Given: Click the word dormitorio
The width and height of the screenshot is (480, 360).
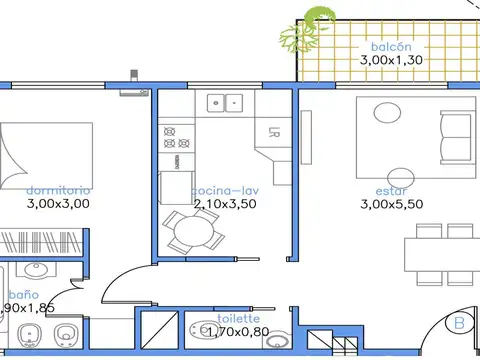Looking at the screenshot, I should [58, 189].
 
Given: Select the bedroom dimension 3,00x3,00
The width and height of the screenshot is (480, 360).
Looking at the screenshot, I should [58, 203].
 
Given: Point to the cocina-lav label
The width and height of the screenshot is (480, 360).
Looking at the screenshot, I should [225, 189].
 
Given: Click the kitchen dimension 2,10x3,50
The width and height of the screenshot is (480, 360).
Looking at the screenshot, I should [225, 203].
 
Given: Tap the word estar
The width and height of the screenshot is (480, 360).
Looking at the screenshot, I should [391, 189].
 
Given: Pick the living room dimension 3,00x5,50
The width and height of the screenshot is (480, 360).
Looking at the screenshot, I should [391, 203].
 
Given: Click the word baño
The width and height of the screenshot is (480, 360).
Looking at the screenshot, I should [22, 295].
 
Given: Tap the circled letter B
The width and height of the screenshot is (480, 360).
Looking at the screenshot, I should [459, 323].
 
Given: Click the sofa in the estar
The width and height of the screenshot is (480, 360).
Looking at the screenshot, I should [456, 130].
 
